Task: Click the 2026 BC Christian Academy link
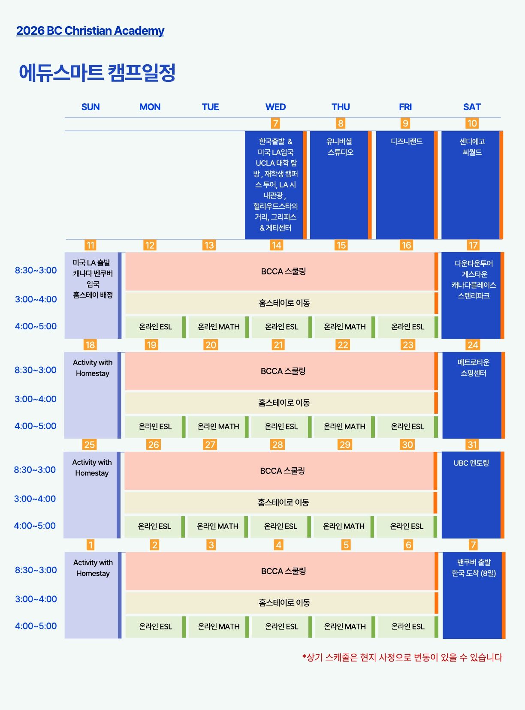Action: (x=90, y=31)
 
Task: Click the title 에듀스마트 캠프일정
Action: (x=97, y=72)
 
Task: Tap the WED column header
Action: (x=275, y=107)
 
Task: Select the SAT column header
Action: (x=472, y=107)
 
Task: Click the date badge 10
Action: (x=472, y=123)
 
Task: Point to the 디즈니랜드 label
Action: (x=407, y=141)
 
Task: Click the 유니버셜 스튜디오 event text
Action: (x=340, y=147)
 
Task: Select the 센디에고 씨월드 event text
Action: (x=472, y=147)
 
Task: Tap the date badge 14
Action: (x=276, y=245)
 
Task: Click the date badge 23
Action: (x=408, y=345)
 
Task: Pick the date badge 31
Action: (x=473, y=444)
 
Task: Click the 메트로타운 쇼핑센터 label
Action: (x=474, y=368)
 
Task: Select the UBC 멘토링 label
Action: (x=471, y=463)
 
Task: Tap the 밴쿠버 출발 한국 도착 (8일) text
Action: (x=474, y=568)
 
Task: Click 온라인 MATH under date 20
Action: (x=218, y=426)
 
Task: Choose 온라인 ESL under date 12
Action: (x=155, y=327)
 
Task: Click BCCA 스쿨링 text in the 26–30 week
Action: (x=282, y=471)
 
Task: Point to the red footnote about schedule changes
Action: (x=402, y=658)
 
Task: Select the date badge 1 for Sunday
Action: (x=91, y=545)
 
